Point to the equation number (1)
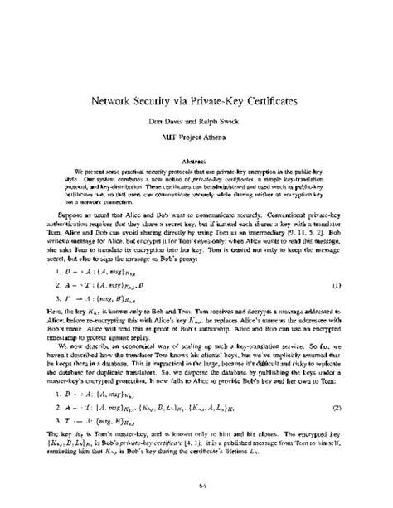click(x=337, y=284)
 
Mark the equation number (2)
click(x=337, y=432)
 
